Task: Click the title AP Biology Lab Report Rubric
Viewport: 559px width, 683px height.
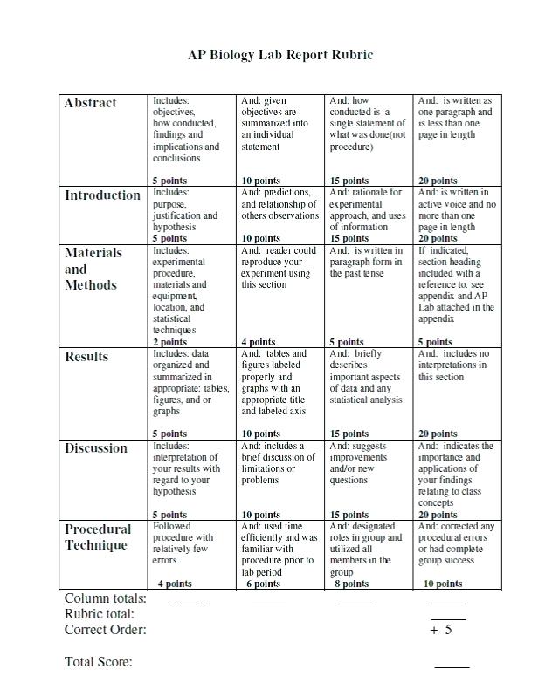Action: coord(280,55)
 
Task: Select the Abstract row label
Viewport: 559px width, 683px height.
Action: coord(90,103)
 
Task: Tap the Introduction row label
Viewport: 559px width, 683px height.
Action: coord(102,195)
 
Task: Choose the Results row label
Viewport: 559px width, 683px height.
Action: coord(86,357)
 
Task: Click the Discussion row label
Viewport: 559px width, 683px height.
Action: coord(96,448)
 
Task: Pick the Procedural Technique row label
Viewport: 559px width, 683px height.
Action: coord(98,537)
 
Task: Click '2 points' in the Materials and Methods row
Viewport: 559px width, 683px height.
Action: coord(169,342)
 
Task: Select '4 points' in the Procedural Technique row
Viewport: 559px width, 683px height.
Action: coord(175,584)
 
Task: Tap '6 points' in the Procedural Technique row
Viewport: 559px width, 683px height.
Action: coord(262,584)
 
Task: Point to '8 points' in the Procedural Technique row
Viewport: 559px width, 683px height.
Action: coord(351,584)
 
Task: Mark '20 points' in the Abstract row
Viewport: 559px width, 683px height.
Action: coord(438,181)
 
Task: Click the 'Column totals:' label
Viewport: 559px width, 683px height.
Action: coord(106,599)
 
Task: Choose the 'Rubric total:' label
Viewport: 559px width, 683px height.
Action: coord(100,614)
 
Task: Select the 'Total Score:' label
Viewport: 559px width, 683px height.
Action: coord(99,662)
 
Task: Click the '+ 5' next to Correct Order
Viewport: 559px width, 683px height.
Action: coord(441,630)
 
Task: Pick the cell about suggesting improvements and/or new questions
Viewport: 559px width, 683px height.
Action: coord(365,462)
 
